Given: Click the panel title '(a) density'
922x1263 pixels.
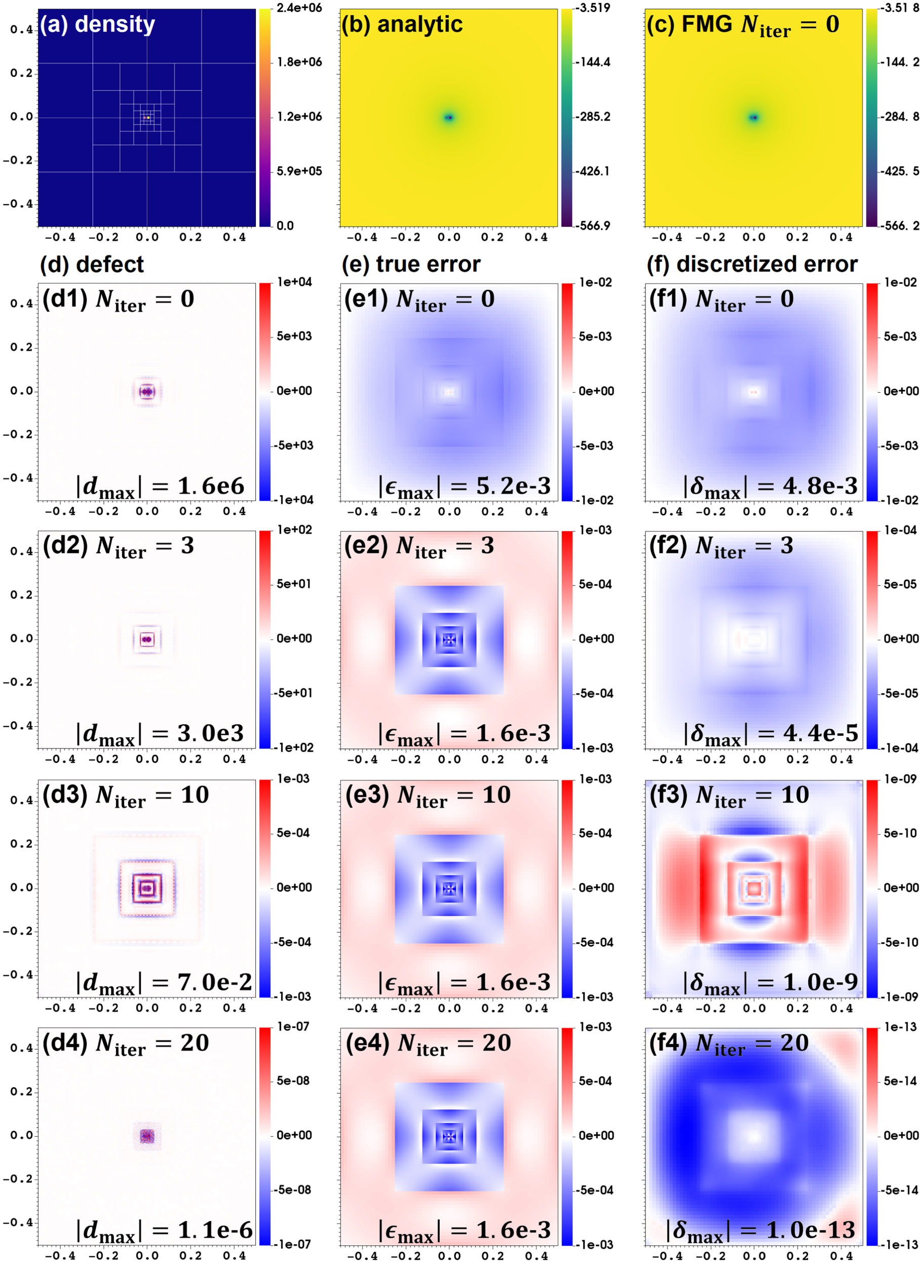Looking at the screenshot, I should [x=98, y=24].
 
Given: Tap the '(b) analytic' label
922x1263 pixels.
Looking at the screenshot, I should [x=402, y=24].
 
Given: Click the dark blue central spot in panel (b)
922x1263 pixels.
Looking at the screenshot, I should [x=449, y=117].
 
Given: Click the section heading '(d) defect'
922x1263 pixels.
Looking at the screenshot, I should [x=92, y=264].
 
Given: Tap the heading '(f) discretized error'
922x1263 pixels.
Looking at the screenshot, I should [x=752, y=264].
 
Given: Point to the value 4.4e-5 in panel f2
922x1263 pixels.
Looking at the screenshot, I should [x=820, y=733].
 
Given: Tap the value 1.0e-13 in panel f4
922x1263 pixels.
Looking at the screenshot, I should [x=811, y=1230].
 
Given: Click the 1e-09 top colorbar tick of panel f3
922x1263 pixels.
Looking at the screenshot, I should [x=900, y=779].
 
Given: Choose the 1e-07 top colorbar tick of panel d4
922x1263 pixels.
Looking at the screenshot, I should [x=293, y=1026].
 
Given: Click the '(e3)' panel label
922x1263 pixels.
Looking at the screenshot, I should [x=366, y=795].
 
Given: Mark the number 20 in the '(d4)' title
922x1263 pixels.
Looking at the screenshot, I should [x=194, y=1043].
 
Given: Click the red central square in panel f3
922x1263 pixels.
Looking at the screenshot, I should [x=754, y=888].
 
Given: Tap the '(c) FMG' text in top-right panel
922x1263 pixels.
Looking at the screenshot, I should [x=690, y=24].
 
